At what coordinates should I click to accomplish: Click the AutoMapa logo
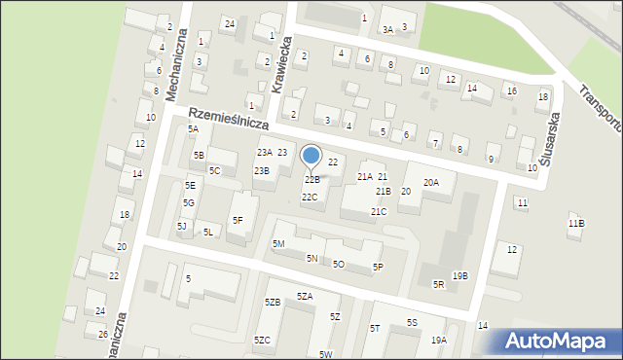click(560, 341)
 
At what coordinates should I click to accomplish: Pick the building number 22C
click(310, 198)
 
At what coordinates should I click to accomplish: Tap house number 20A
click(431, 182)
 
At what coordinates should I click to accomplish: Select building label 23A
click(264, 153)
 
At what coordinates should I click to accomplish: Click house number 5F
click(238, 220)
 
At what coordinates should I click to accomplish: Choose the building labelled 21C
click(379, 211)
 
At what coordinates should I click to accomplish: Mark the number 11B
click(576, 224)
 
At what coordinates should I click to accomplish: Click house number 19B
click(459, 275)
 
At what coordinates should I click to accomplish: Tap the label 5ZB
click(273, 303)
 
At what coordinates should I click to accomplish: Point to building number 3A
click(387, 29)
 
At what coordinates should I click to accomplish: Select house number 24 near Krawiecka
click(230, 23)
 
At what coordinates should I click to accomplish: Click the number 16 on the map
click(510, 90)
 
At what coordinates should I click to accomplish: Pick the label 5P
click(378, 267)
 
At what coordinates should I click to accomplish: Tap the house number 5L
click(208, 232)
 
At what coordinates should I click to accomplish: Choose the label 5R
click(439, 284)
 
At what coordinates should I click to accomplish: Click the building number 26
click(103, 334)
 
